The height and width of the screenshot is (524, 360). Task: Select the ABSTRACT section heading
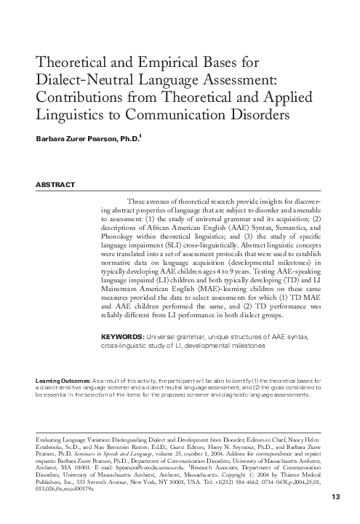(x=55, y=185)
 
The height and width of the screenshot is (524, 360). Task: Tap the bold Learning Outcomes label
(x=63, y=381)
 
